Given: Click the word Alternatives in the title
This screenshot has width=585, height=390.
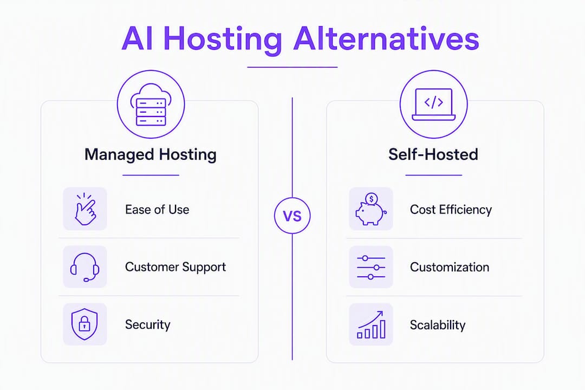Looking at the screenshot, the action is click(386, 38).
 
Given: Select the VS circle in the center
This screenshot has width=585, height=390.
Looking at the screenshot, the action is click(292, 216).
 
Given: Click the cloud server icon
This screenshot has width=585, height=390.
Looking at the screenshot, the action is click(151, 105).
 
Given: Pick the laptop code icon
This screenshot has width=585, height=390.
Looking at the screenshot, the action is click(433, 105).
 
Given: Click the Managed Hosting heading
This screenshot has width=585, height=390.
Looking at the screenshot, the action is click(151, 154).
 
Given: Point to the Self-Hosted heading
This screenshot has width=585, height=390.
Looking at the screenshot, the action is click(433, 154).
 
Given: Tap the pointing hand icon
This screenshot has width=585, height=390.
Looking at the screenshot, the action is click(86, 209).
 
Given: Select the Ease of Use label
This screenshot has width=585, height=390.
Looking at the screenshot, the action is click(157, 210).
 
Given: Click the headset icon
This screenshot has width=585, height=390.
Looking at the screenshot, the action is click(85, 267).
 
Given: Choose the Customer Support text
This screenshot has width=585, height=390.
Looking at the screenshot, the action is click(175, 267).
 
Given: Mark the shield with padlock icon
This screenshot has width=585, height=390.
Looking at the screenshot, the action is click(84, 324).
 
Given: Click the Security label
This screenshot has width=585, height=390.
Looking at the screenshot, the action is click(148, 324).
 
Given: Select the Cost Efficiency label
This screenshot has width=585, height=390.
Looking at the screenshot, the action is click(451, 210).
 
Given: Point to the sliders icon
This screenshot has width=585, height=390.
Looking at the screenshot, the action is click(371, 267).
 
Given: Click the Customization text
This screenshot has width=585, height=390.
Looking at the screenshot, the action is click(450, 267).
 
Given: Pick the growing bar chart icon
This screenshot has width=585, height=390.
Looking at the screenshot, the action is click(371, 324).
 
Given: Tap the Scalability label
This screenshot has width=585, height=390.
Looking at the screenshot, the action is click(438, 325).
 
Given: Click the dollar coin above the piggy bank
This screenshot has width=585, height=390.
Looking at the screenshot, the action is click(371, 199).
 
